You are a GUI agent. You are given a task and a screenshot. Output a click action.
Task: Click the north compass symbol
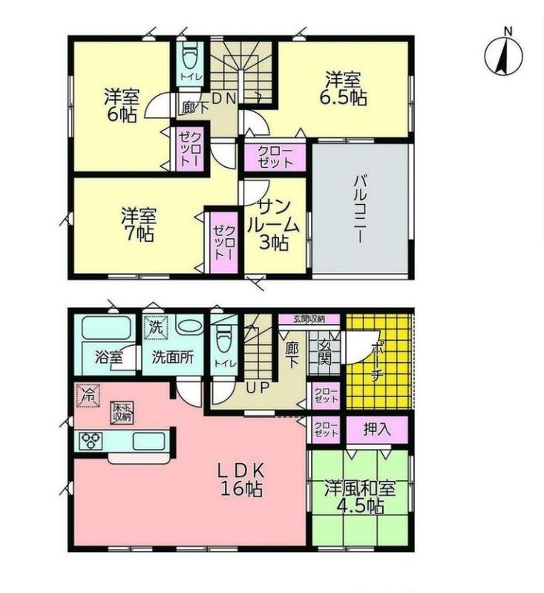[503, 55]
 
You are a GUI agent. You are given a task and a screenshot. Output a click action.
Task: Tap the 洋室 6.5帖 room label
[343, 88]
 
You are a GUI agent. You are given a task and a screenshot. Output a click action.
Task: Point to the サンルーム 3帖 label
[274, 225]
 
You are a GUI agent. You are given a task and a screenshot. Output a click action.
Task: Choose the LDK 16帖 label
[241, 479]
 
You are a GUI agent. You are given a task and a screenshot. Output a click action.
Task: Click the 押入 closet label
[376, 429]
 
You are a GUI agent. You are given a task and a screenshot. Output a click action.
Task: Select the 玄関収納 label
[309, 319]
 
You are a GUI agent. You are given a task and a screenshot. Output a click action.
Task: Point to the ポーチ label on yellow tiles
[377, 362]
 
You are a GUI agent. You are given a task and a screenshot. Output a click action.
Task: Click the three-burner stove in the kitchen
[91, 441]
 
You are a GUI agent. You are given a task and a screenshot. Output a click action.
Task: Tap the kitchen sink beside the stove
[148, 441]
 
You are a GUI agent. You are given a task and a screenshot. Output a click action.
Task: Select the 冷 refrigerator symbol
[88, 396]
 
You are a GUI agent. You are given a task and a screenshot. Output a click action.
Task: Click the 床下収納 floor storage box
[122, 413]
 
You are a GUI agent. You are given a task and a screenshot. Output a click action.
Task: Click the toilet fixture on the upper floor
[190, 55]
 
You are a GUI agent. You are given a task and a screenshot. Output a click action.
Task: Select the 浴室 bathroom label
[109, 357]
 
